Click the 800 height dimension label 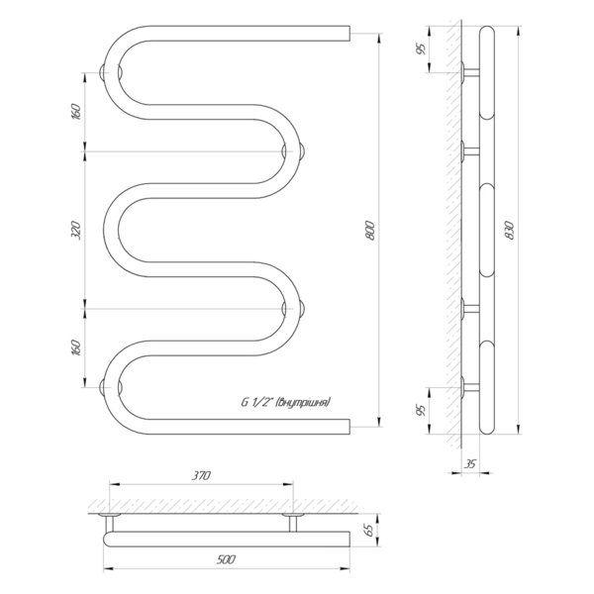tap(371, 231)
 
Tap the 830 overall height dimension tap(510, 231)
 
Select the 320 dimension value tap(76, 231)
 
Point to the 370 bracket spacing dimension tap(201, 475)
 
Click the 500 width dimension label tap(226, 559)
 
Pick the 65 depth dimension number tap(369, 530)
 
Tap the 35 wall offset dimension tap(470, 463)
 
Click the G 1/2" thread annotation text tap(286, 402)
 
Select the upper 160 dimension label tap(76, 112)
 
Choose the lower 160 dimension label tap(76, 347)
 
